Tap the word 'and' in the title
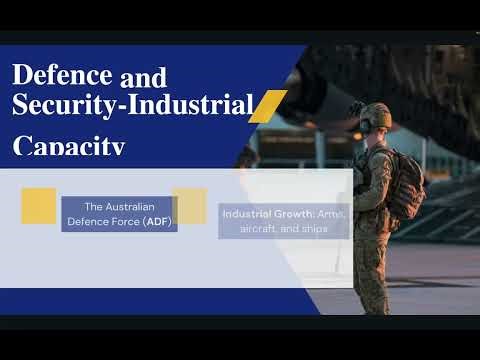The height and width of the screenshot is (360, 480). tap(143, 76)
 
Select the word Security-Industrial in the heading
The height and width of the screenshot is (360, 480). tap(129, 104)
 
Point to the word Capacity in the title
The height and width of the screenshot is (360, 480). tap(69, 147)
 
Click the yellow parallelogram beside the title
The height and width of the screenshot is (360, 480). tap(267, 105)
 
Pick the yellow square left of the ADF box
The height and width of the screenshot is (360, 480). tap(38, 206)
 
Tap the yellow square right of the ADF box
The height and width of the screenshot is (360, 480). tap(189, 205)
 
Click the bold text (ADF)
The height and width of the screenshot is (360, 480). tap(156, 221)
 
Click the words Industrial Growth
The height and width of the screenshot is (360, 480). tap(254, 214)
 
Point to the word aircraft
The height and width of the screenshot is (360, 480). tap(257, 229)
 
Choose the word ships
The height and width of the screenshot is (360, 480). tap(314, 229)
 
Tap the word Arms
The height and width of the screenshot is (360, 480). tap(334, 214)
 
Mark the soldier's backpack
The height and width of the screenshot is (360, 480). tap(406, 184)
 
